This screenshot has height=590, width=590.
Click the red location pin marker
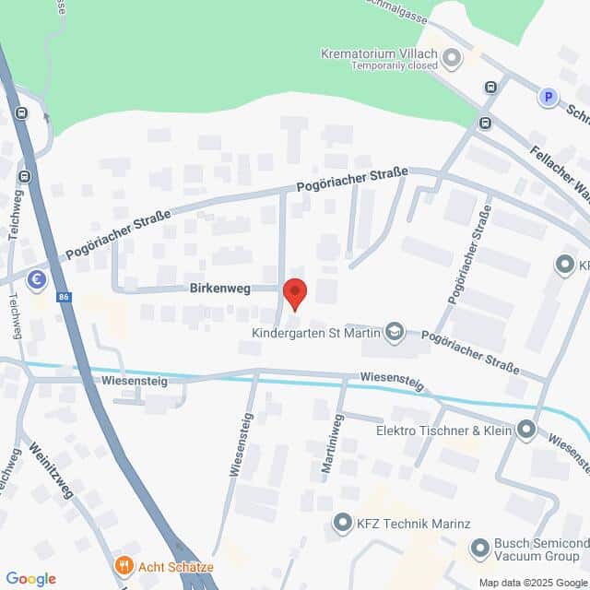[294, 292]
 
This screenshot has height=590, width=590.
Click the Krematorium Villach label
[378, 53]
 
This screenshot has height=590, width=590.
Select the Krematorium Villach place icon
[452, 59]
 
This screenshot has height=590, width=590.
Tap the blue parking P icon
[549, 96]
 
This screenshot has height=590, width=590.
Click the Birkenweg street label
[221, 288]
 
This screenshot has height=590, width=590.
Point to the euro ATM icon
[37, 279]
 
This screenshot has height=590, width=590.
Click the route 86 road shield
[63, 297]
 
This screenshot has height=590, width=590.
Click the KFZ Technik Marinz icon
[342, 524]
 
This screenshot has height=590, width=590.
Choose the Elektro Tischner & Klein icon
[525, 430]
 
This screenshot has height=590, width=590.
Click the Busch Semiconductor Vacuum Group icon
[480, 549]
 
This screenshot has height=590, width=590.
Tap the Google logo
[29, 578]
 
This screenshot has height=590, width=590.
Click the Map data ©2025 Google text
[532, 583]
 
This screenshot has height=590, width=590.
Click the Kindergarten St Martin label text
[317, 333]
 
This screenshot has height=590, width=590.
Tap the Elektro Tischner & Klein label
[442, 430]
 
